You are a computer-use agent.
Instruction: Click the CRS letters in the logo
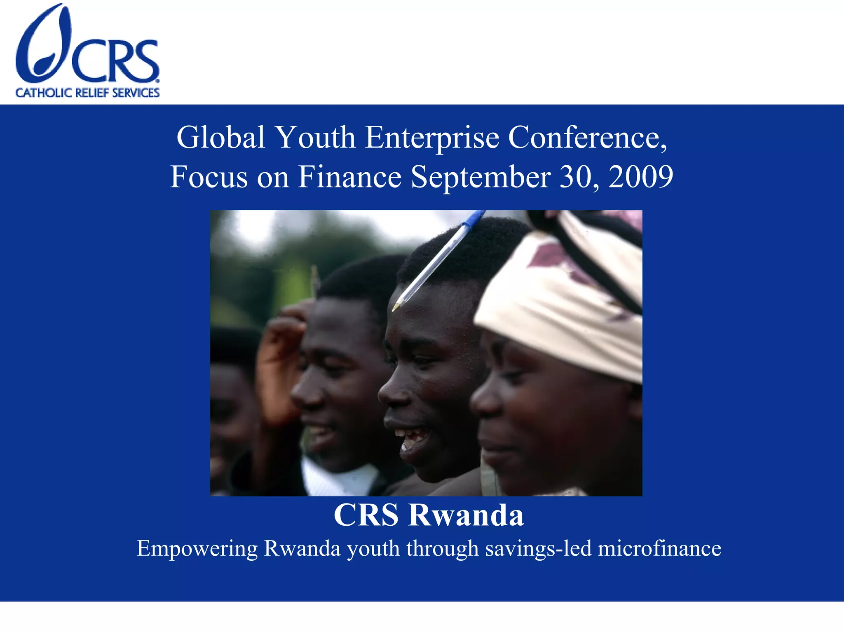pyautogui.click(x=115, y=61)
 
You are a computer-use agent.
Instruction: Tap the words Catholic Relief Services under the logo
pyautogui.click(x=87, y=93)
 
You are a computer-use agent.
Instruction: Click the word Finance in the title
pyautogui.click(x=349, y=177)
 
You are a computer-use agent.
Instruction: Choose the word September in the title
pyautogui.click(x=481, y=177)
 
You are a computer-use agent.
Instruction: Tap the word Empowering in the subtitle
pyautogui.click(x=197, y=549)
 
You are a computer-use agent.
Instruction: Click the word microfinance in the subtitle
pyautogui.click(x=659, y=549)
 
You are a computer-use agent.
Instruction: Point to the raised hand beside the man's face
pyautogui.click(x=278, y=363)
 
